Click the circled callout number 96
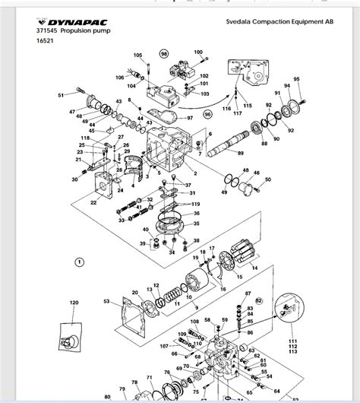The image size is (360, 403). click(x=207, y=114)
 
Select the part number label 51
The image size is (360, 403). click(x=62, y=95)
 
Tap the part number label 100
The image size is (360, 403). click(x=199, y=52)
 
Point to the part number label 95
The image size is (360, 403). click(x=297, y=79)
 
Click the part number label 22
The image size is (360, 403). click(x=92, y=203)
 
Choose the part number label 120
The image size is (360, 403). click(x=74, y=303)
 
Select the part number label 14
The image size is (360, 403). click(x=254, y=268)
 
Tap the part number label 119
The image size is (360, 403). click(x=195, y=205)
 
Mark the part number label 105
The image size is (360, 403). click(x=138, y=56)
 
